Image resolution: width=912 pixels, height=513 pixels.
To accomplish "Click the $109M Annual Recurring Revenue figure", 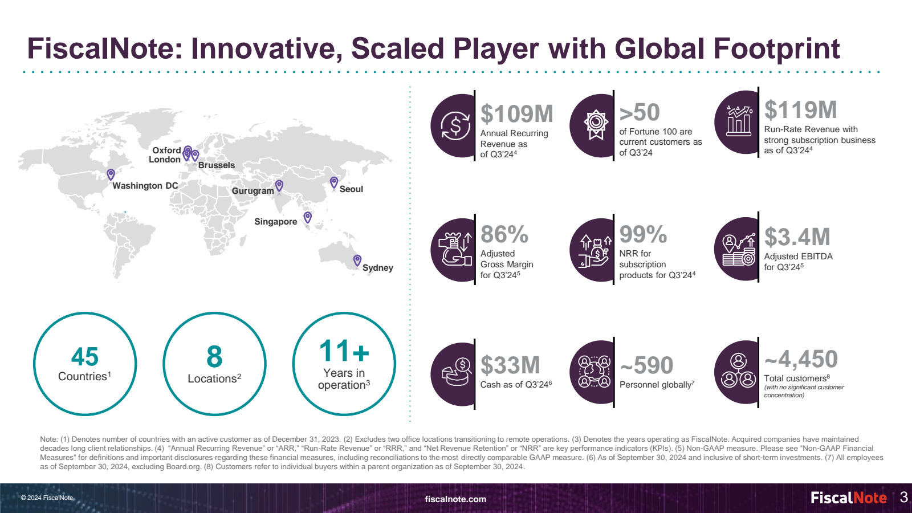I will click(516, 114).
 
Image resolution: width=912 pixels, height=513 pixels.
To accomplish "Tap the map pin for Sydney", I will click(357, 260).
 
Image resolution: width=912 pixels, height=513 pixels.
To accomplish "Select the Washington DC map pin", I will click(111, 174).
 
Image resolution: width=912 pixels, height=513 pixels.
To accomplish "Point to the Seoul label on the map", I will click(351, 189).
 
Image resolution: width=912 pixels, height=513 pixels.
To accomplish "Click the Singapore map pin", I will click(308, 217).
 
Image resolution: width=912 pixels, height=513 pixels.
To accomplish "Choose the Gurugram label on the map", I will click(253, 191).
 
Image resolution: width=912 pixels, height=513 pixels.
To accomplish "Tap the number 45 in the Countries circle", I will click(85, 357).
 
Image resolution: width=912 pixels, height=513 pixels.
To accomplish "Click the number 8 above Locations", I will click(214, 357).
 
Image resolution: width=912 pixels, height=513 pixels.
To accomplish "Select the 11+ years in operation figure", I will click(344, 351).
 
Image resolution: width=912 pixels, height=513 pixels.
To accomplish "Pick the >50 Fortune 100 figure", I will click(640, 113).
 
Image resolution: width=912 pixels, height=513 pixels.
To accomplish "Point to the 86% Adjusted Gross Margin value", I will click(504, 234).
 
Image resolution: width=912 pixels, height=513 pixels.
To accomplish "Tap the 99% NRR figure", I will click(643, 234).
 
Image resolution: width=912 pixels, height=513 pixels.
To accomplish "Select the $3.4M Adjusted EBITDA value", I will click(797, 237).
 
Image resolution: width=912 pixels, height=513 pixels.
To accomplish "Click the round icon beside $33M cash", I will click(453, 374).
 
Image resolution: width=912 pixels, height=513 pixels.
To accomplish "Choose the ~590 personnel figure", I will click(646, 365).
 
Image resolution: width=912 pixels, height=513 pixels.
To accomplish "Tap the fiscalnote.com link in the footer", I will click(455, 499).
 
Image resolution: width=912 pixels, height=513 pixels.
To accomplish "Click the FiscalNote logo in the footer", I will click(848, 498).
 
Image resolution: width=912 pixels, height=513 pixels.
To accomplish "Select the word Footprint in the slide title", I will click(776, 48).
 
